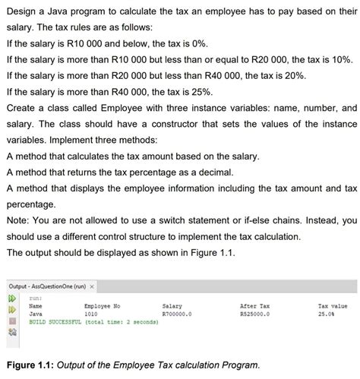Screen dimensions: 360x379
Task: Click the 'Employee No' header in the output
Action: (99, 305)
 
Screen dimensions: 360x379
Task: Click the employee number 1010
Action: (90, 312)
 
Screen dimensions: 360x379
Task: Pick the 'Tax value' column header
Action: (332, 305)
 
